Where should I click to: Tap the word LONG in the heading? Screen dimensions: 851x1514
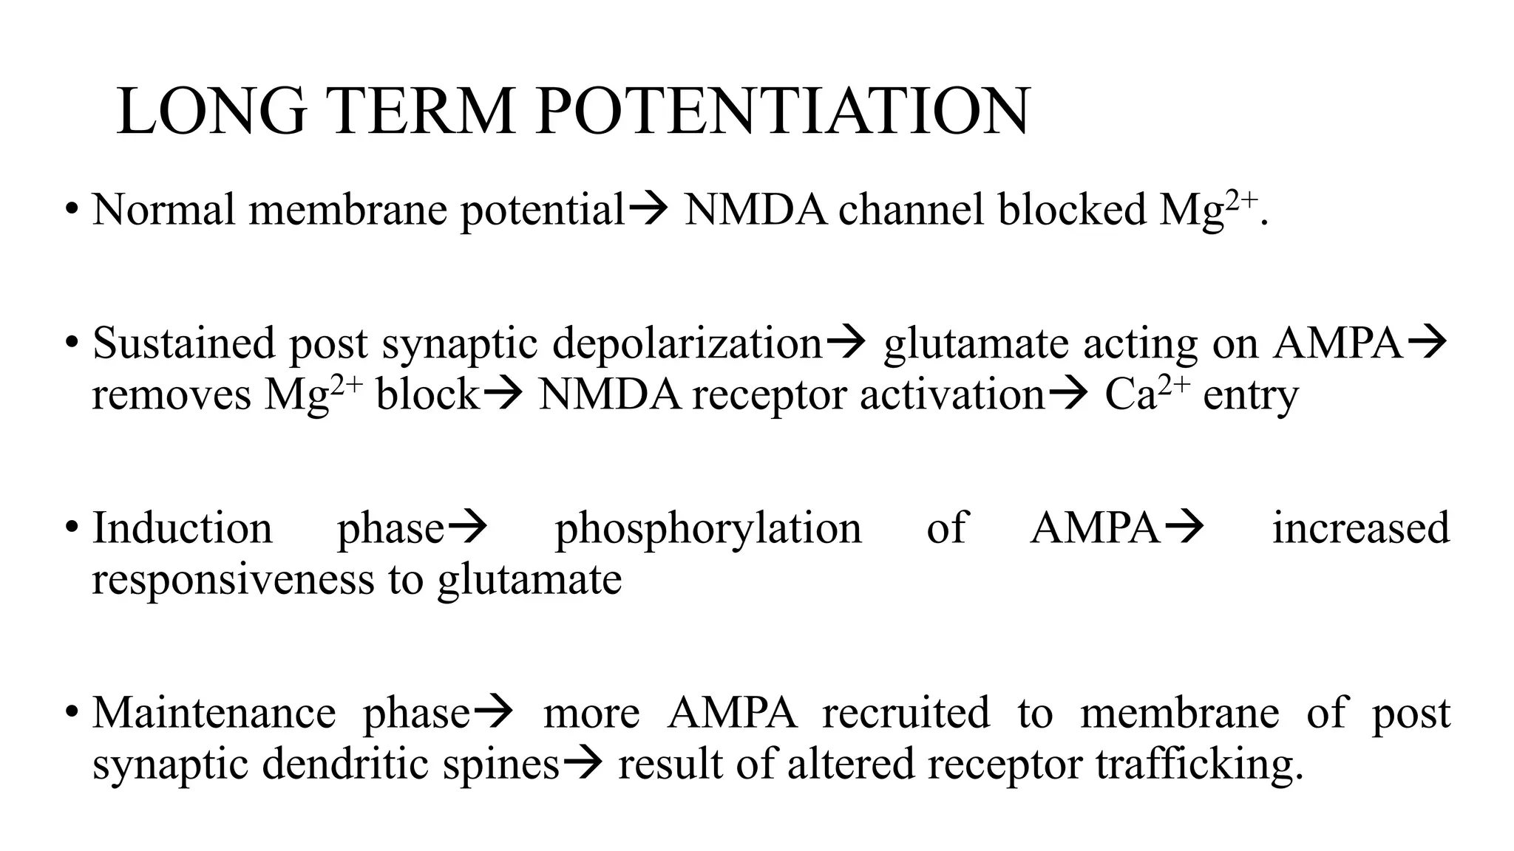point(211,112)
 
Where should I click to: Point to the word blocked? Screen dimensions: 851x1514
point(1072,210)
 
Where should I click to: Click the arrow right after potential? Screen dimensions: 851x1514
point(648,210)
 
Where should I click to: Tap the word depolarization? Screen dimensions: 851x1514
point(688,344)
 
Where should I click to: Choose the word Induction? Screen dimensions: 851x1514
point(182,529)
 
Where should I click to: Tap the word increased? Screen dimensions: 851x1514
point(1360,529)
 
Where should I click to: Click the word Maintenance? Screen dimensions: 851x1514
point(214,714)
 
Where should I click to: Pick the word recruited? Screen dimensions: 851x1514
point(906,714)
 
